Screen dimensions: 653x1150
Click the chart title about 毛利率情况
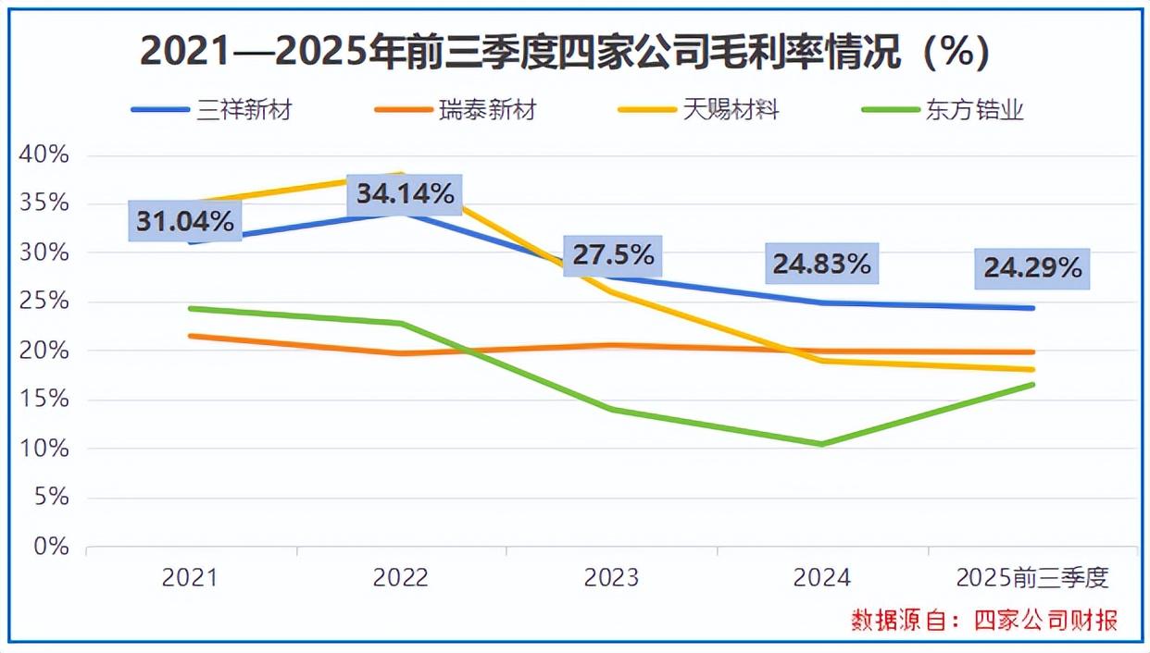(x=564, y=52)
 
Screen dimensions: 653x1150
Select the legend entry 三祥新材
(x=244, y=110)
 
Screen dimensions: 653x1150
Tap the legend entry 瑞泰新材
(x=487, y=110)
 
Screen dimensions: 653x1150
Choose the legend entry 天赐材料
(x=731, y=110)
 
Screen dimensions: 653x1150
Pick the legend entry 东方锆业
(x=974, y=110)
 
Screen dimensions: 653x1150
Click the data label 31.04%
(x=185, y=221)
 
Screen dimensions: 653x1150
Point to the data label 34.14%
(x=406, y=194)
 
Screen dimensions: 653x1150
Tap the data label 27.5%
(x=613, y=255)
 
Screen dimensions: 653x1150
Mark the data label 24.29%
(x=1032, y=268)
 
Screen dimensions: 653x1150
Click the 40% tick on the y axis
(x=44, y=154)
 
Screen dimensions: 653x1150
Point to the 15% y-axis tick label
(x=44, y=400)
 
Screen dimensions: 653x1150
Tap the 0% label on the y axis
(x=51, y=547)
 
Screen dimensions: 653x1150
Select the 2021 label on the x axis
(x=190, y=578)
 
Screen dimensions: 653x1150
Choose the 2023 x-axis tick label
(x=611, y=578)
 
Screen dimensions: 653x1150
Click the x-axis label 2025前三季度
(x=1031, y=578)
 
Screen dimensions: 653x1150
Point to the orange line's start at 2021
(x=191, y=336)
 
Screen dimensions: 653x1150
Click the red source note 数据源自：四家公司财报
(x=984, y=621)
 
